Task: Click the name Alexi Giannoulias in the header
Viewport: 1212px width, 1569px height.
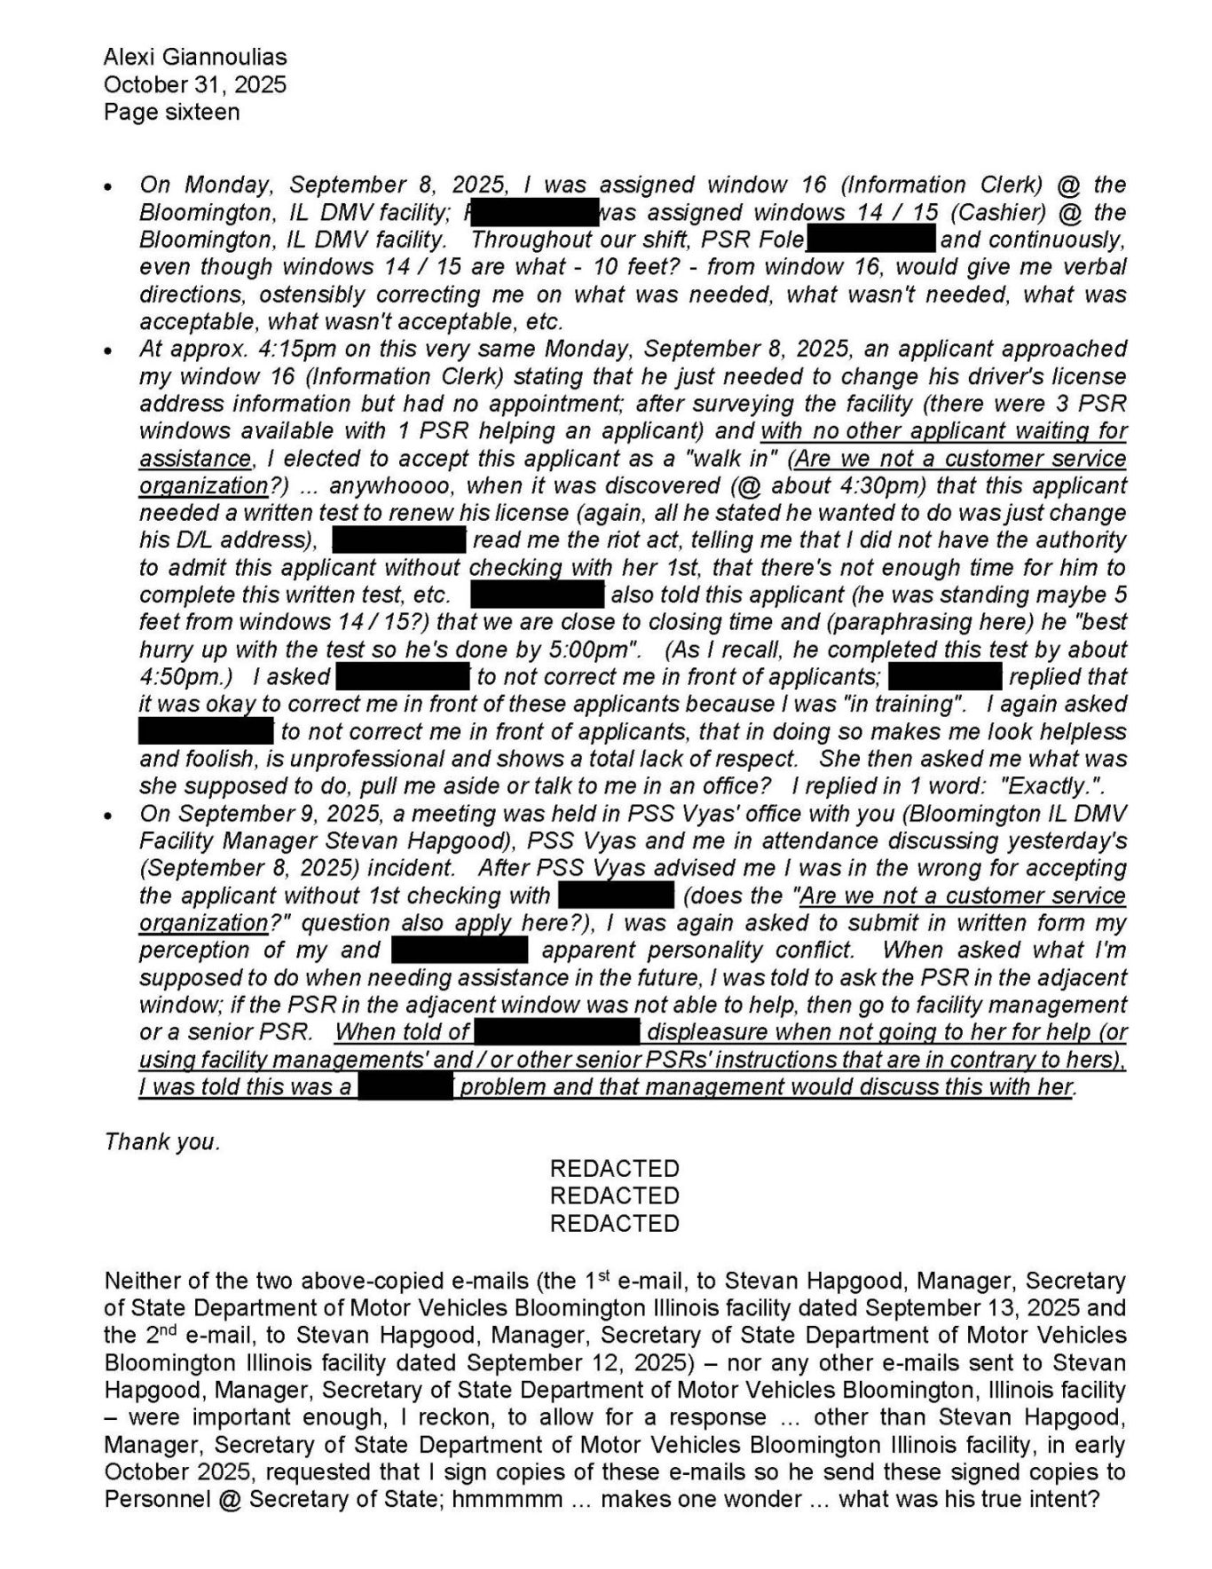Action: coord(195,58)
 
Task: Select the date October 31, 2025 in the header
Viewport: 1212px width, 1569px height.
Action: coord(195,85)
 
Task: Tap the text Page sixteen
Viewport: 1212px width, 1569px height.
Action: coord(171,113)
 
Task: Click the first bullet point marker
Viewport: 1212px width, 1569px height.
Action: coord(108,188)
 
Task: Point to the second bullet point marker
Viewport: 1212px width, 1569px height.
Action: coord(108,352)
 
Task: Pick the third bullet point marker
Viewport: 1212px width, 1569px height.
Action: coord(108,816)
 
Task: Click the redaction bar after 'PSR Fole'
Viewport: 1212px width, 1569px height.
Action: coord(870,240)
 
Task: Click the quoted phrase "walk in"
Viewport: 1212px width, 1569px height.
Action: coord(742,459)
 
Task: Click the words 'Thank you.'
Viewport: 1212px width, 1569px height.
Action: coord(162,1142)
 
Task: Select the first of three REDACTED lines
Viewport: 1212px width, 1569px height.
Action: coord(614,1169)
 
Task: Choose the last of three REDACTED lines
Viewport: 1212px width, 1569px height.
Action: coord(614,1224)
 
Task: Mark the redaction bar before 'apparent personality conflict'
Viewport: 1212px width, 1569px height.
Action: coord(460,950)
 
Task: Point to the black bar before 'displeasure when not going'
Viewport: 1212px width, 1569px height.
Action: coord(556,1032)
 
